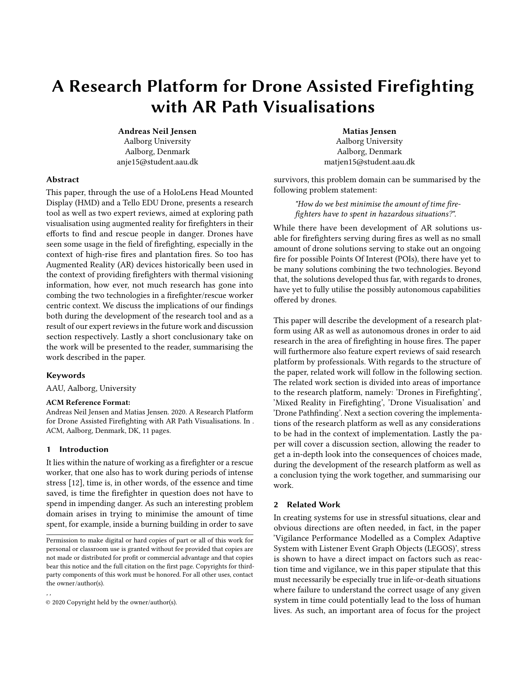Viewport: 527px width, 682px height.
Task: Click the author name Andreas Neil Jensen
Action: pos(157,131)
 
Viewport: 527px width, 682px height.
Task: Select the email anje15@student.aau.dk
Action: pos(157,162)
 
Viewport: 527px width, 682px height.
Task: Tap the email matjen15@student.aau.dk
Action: pos(369,162)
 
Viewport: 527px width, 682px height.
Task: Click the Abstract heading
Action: pos(62,180)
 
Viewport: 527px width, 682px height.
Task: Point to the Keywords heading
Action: pos(65,375)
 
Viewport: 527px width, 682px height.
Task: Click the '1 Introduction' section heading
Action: pos(77,449)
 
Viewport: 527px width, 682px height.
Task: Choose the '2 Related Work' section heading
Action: pos(307,505)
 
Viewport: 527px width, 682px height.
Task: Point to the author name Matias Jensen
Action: pos(369,131)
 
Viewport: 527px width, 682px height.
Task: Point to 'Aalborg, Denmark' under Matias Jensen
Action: pos(369,152)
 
